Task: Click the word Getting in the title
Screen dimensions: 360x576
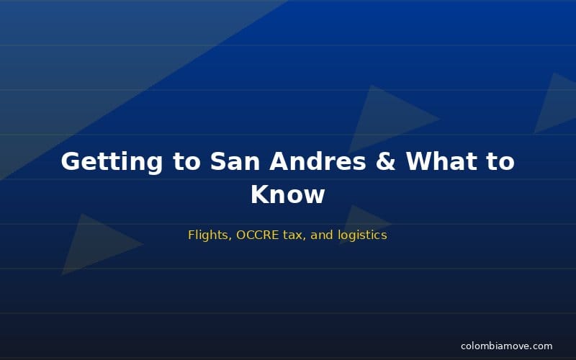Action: tap(112, 161)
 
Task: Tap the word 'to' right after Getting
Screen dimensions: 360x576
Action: tap(186, 161)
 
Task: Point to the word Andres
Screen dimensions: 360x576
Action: tap(318, 161)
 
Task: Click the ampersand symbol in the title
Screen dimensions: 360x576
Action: tap(386, 161)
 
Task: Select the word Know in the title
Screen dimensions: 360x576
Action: tap(288, 194)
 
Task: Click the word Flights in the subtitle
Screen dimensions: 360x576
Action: tap(207, 235)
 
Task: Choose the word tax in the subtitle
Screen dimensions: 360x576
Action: tap(293, 235)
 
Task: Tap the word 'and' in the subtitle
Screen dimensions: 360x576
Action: tap(321, 235)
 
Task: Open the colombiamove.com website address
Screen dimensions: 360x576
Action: tap(507, 346)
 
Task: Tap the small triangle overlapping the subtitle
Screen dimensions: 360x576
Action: tap(360, 224)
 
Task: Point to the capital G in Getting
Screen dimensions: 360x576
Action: tap(71, 161)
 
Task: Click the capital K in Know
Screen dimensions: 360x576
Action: tap(259, 194)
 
